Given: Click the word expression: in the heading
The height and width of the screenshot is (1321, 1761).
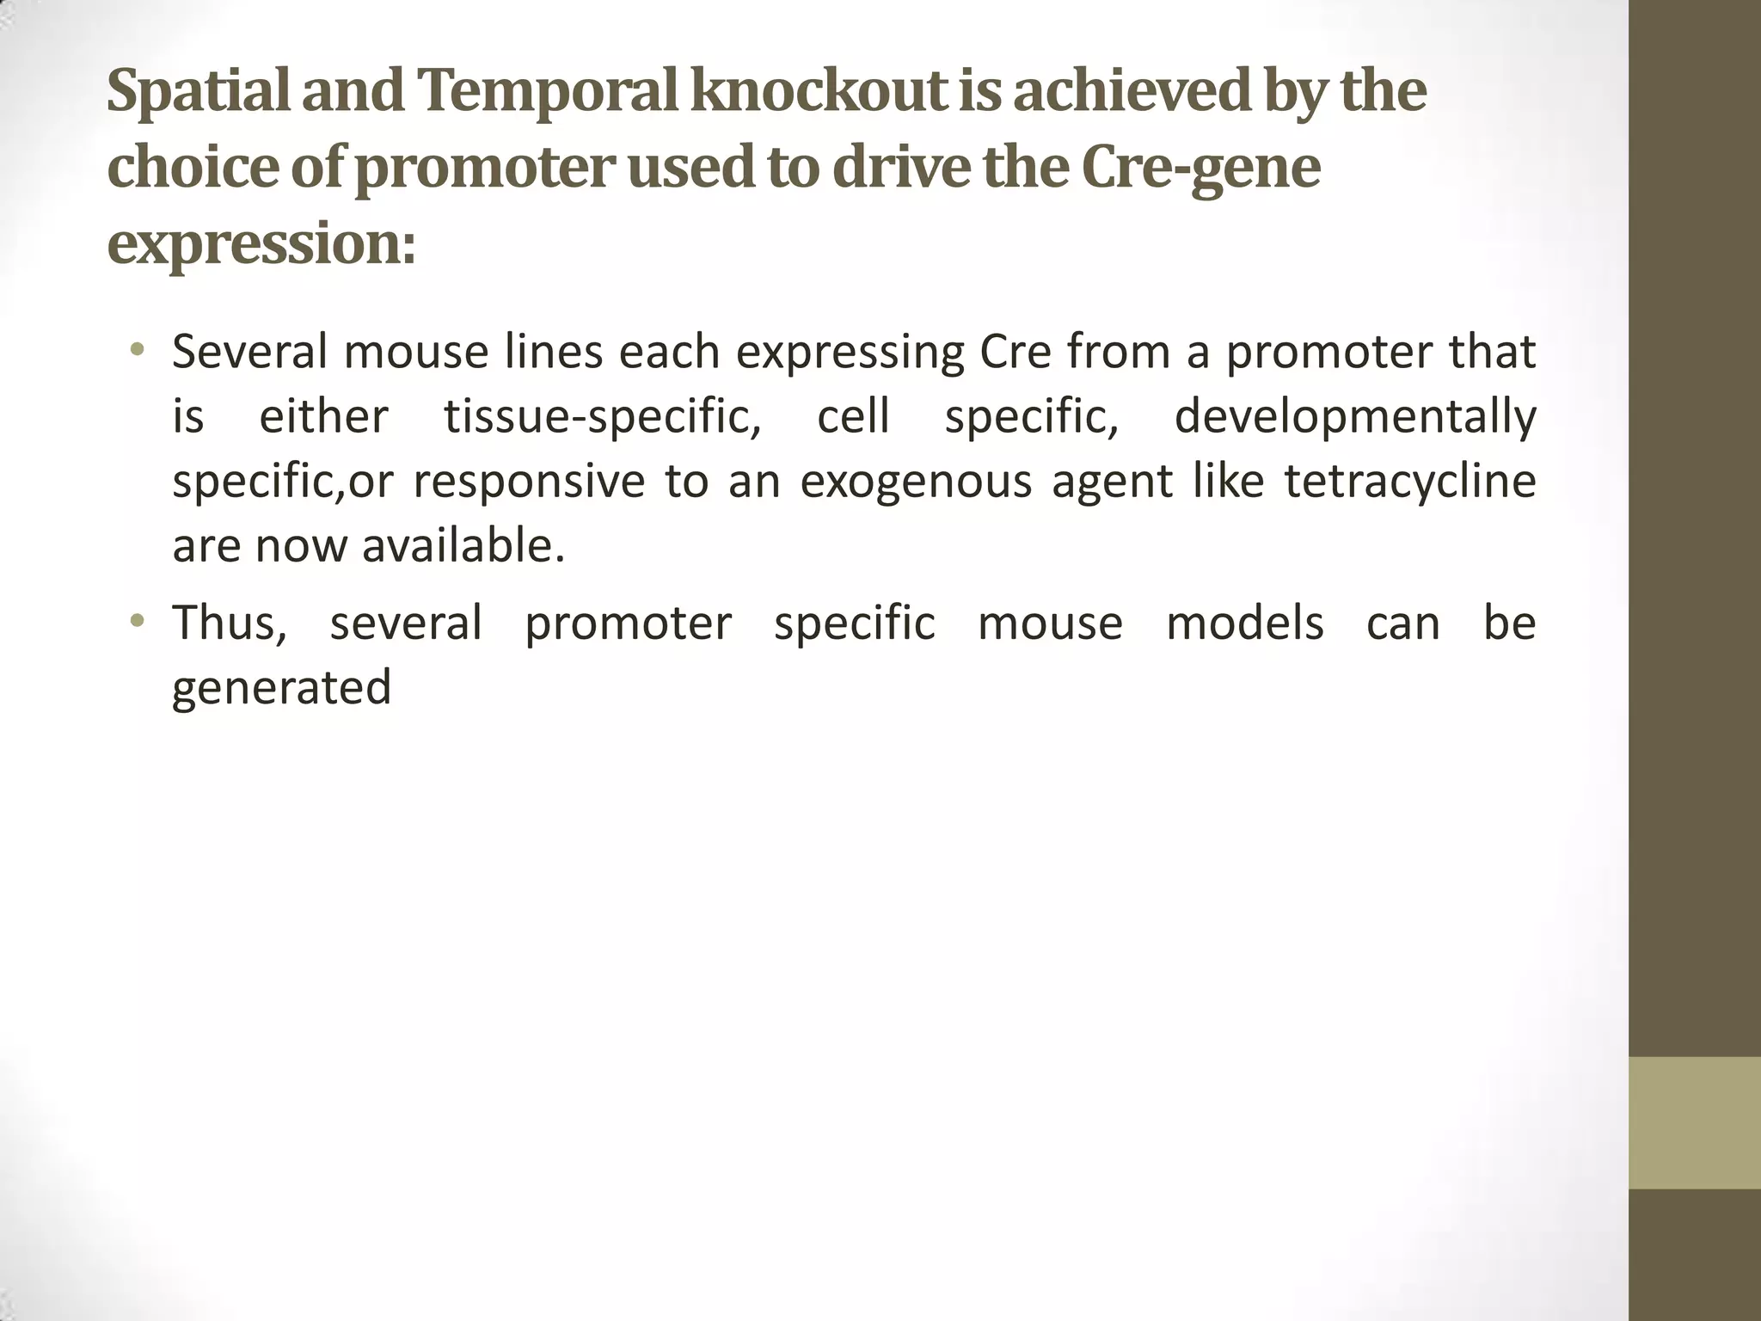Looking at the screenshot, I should point(261,245).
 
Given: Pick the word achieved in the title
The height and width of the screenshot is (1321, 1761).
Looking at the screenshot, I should point(1132,91).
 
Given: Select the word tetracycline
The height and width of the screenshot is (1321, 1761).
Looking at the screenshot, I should point(1410,481).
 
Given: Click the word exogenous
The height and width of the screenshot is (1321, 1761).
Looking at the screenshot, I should point(915,482).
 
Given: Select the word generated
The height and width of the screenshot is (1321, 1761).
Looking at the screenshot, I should point(281,688).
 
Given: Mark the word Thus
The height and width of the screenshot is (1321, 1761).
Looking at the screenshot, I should point(229,623).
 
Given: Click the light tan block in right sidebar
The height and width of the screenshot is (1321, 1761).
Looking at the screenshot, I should point(1694,1122).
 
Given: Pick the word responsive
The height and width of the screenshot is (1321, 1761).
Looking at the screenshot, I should point(528,482).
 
